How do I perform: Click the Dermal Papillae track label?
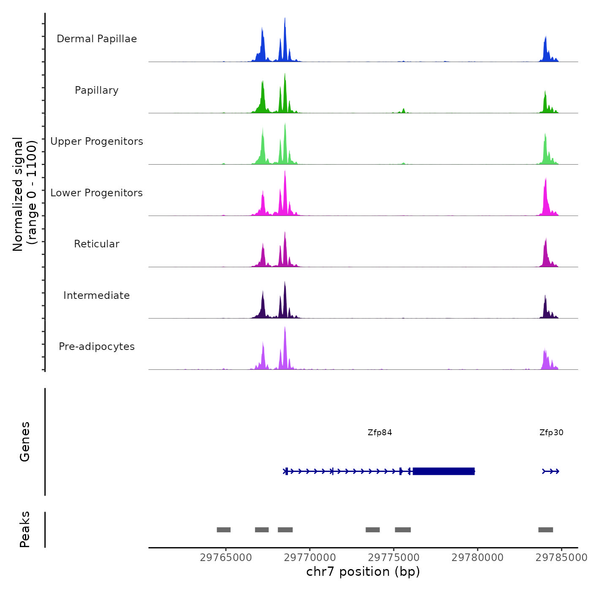[x=97, y=39]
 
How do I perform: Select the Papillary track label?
[x=97, y=90]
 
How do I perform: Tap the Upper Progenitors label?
[x=97, y=141]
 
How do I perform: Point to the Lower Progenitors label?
[x=97, y=193]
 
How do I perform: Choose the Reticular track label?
[x=97, y=244]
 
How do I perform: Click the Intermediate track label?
[x=97, y=295]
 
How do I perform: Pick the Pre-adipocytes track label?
[x=97, y=347]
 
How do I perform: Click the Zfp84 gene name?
[x=380, y=433]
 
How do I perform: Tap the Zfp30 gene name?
[x=551, y=433]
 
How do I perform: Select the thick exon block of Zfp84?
[x=443, y=471]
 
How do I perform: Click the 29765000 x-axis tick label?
[x=226, y=558]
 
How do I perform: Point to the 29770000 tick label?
[x=310, y=558]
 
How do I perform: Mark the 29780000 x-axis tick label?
[x=477, y=558]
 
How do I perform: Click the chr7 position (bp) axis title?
[x=363, y=572]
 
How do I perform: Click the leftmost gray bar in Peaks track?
[x=224, y=530]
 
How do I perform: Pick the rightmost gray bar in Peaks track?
[x=545, y=530]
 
